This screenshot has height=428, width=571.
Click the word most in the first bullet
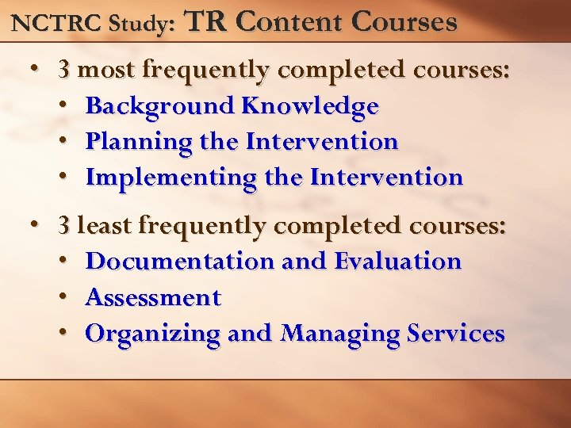[107, 70]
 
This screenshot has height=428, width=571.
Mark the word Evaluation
[397, 261]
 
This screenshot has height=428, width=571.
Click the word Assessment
[153, 297]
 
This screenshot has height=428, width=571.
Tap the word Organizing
[152, 334]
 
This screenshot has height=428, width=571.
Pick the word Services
[456, 333]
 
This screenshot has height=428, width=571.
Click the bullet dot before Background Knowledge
[63, 105]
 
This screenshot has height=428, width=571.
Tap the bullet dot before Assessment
[63, 297]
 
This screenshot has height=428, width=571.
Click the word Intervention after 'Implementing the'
[386, 177]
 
